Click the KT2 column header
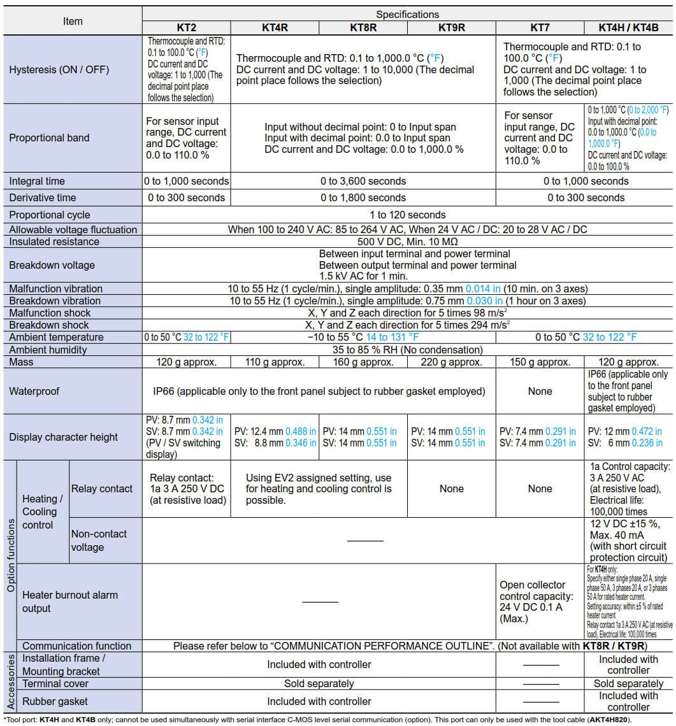(186, 27)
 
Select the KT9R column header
(451, 27)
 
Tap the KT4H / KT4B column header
(628, 27)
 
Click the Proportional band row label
(50, 138)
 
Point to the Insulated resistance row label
(54, 242)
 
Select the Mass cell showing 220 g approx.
(451, 362)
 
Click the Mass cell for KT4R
(275, 362)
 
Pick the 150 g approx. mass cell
(540, 362)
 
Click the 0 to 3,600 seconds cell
(363, 181)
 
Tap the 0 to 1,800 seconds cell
(363, 197)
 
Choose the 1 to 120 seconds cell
(408, 215)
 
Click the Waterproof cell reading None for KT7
(540, 391)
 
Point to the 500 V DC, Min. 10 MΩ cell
(408, 242)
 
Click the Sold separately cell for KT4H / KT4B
(628, 683)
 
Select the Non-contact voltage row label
(99, 540)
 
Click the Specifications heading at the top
(407, 14)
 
